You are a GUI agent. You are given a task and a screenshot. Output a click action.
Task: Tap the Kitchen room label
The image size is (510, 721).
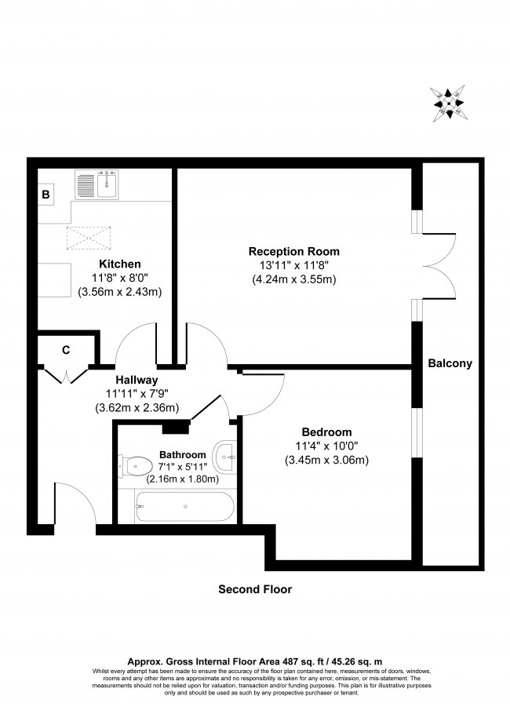[x=119, y=264]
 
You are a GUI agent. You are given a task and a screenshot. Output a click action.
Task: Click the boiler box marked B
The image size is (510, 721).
[x=46, y=194]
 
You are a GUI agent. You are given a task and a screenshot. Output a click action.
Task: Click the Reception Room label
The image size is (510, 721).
[x=293, y=251]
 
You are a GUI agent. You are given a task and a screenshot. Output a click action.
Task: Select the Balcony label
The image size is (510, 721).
[x=450, y=363]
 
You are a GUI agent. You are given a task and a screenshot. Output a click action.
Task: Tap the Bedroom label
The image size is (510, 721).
[x=326, y=432]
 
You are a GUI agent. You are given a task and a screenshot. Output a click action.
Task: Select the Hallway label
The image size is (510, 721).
[x=137, y=378]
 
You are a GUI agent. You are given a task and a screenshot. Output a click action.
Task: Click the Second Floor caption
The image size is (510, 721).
[x=255, y=589]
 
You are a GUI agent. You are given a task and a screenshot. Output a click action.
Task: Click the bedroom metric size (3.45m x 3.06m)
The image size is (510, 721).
[x=326, y=461]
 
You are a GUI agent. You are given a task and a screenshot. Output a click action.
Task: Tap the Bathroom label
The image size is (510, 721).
[x=182, y=454]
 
